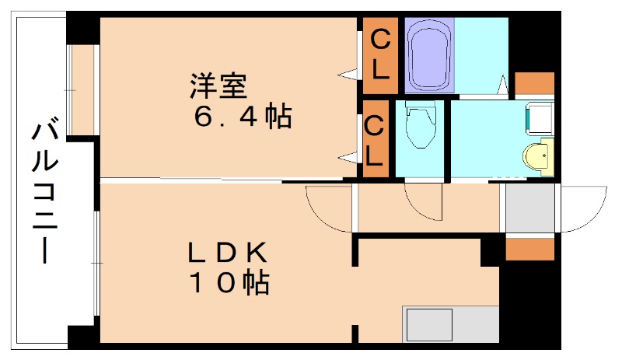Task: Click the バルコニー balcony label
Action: click(x=44, y=191)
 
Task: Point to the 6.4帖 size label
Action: click(x=243, y=117)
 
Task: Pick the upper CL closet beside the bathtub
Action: click(x=380, y=54)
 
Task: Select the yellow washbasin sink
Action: click(x=538, y=156)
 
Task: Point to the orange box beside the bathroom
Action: click(x=534, y=83)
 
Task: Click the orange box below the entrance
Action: click(x=529, y=250)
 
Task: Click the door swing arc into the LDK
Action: click(x=330, y=210)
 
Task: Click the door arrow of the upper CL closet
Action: click(x=348, y=75)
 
